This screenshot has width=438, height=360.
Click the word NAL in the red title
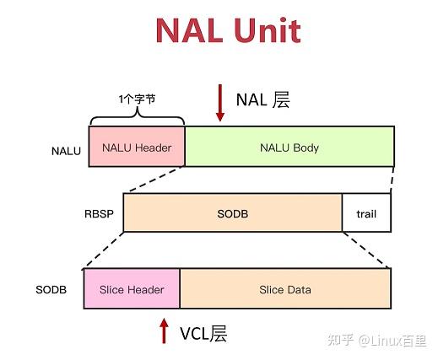(190, 30)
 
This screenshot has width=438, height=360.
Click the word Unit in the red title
(268, 30)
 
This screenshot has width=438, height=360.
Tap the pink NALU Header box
(137, 147)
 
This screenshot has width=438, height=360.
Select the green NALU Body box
(289, 147)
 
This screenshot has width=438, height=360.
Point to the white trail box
(366, 212)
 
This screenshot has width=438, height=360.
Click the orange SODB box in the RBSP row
(233, 212)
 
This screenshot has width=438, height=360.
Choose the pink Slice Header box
(132, 288)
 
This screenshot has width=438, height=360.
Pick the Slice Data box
(285, 288)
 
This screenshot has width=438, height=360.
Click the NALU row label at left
(66, 151)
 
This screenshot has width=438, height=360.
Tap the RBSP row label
(99, 214)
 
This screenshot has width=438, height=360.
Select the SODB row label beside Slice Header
(51, 289)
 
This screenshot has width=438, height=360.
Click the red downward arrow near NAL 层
(220, 103)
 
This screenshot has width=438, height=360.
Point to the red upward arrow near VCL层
(164, 331)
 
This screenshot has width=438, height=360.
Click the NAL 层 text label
(263, 99)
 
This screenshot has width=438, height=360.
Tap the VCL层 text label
(203, 334)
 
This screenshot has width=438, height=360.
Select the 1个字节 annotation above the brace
(137, 99)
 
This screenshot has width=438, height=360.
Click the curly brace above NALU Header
(137, 117)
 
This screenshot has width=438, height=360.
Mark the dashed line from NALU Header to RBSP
(154, 180)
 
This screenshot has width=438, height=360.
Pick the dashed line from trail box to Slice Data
(366, 250)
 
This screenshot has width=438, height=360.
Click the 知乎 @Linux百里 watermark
(377, 341)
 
